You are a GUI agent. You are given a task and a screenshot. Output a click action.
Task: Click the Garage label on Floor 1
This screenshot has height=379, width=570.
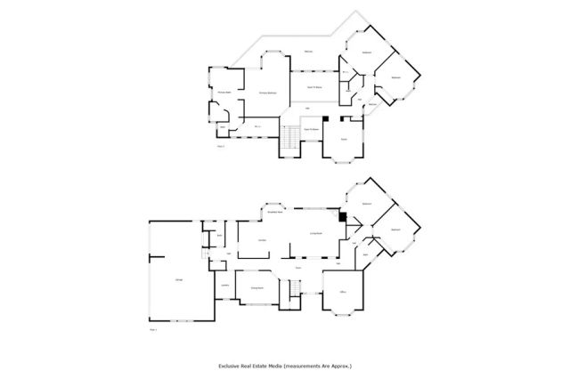pyautogui.click(x=179, y=281)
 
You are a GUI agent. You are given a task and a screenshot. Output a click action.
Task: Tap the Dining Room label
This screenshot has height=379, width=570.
pyautogui.click(x=256, y=288)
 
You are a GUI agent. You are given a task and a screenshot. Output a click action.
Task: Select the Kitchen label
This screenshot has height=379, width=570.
pyautogui.click(x=263, y=241)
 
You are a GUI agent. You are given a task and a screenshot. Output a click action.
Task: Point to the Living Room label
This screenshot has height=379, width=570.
pyautogui.click(x=314, y=233)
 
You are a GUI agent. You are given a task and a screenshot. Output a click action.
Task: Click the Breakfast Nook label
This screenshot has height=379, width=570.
pyautogui.click(x=274, y=213)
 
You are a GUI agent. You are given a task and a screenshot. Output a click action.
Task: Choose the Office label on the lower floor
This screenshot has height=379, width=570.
pyautogui.click(x=342, y=292)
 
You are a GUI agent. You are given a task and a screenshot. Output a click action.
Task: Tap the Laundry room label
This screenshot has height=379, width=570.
pyautogui.click(x=225, y=286)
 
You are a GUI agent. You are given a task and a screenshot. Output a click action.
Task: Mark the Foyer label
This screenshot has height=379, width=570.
pyautogui.click(x=299, y=268)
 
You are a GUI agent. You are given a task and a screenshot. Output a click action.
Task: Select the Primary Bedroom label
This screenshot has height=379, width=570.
pyautogui.click(x=266, y=93)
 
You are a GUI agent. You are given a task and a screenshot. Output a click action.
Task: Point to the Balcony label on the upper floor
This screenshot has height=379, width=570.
pyautogui.click(x=308, y=52)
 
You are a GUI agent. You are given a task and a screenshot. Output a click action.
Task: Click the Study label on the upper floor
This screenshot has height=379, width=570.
pyautogui.click(x=343, y=139)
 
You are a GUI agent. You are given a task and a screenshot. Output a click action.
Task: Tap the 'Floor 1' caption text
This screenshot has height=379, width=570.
pyautogui.click(x=152, y=329)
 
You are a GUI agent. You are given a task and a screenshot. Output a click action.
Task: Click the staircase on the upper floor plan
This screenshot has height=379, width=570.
pyautogui.click(x=289, y=139)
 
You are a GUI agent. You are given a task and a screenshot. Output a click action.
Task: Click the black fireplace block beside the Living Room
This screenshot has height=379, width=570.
pyautogui.click(x=340, y=214)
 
